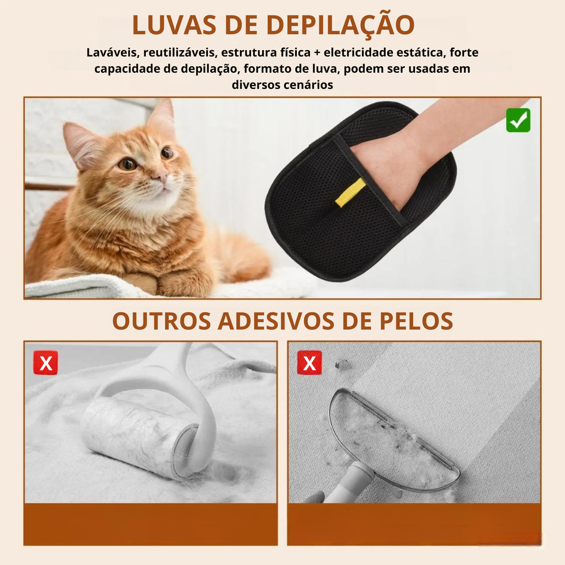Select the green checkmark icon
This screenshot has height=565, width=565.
pos(518,120)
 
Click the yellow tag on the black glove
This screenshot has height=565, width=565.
pos(350,193)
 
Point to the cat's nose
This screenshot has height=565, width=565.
pos(161,175)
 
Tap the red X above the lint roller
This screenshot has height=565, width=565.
pos(46,363)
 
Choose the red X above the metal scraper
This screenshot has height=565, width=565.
pos(310,363)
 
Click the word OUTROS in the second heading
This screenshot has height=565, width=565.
pos(162,321)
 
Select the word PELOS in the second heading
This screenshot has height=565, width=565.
pos(416,321)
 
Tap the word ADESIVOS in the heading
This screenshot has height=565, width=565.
pos(276,321)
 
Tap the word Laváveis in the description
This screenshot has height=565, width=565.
pos(113,52)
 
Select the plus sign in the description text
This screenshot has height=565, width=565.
pos(317,53)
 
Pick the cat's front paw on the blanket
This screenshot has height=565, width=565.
pos(177,283)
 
